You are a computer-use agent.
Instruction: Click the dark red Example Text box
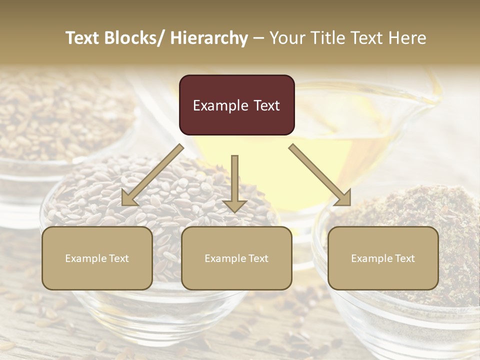click(236, 105)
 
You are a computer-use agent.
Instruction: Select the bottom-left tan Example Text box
click(97, 258)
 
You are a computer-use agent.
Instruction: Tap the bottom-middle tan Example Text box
click(236, 258)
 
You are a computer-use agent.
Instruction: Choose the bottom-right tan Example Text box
click(383, 258)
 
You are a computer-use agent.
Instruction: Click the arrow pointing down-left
click(152, 175)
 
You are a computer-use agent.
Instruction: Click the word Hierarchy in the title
click(209, 38)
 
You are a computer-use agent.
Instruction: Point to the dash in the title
click(258, 38)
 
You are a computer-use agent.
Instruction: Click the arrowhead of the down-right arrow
click(342, 197)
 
